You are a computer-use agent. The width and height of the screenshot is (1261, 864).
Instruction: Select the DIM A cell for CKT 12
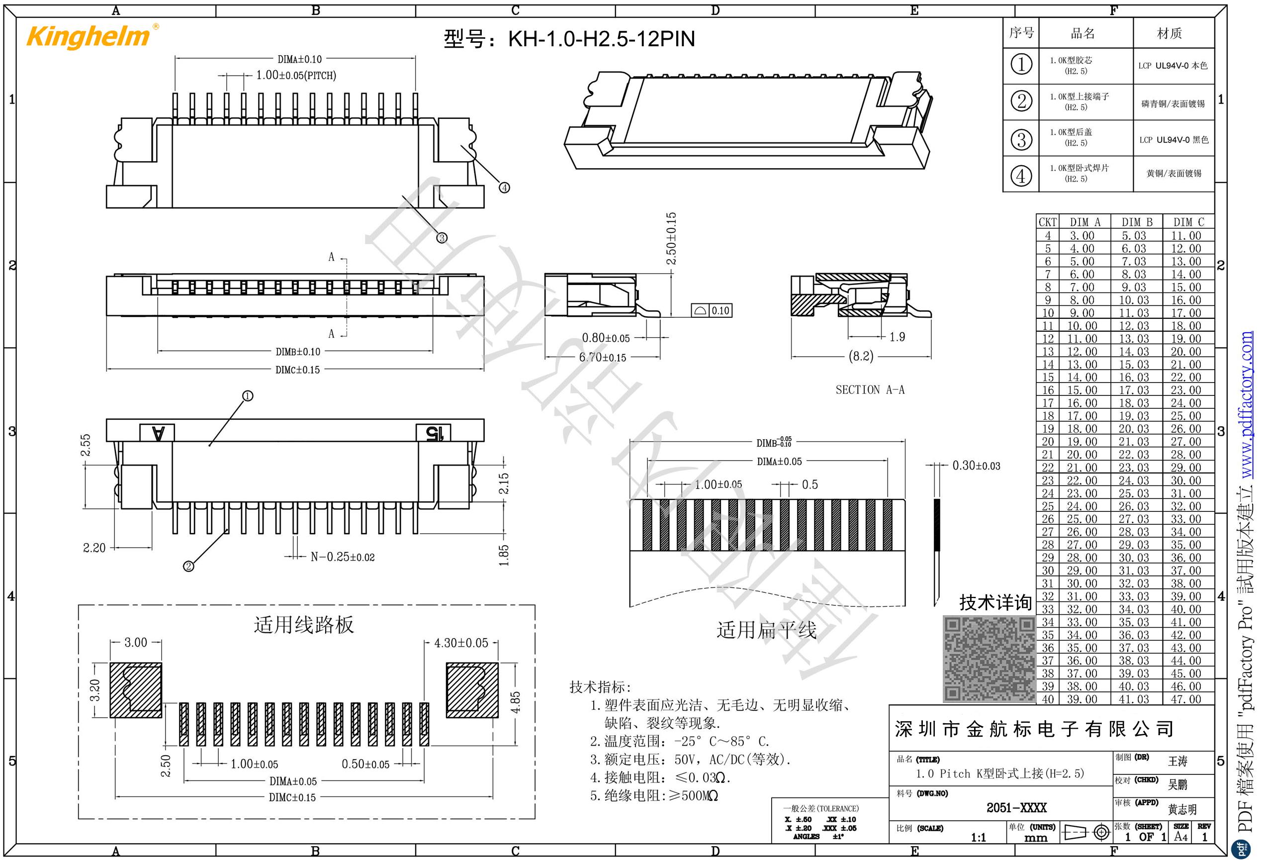tap(1082, 339)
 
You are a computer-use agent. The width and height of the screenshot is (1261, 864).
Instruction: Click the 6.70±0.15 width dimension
tap(602, 358)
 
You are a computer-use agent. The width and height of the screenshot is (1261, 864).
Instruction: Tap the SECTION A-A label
tap(870, 389)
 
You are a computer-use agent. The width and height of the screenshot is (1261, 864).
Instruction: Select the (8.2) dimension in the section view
tap(861, 356)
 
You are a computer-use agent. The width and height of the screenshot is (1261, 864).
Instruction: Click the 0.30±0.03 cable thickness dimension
tap(976, 466)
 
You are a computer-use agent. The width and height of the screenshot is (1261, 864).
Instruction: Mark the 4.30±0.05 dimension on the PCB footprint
tap(461, 643)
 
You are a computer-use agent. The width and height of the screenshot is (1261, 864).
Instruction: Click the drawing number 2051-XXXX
tap(1016, 808)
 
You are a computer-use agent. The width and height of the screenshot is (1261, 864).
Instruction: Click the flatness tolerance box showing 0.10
tap(712, 310)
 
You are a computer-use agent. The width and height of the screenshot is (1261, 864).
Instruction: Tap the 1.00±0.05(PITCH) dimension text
tap(296, 76)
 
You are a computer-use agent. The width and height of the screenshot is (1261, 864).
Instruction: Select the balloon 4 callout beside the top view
tap(504, 188)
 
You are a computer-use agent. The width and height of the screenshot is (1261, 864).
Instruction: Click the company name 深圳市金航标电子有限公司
tap(1034, 729)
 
